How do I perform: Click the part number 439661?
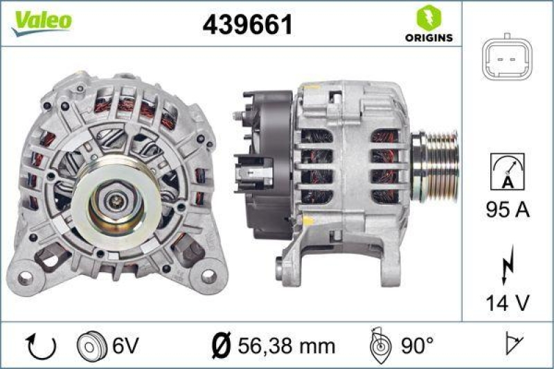coord(247,25)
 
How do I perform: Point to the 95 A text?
coord(507,210)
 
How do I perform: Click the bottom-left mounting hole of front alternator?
coord(26,278)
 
